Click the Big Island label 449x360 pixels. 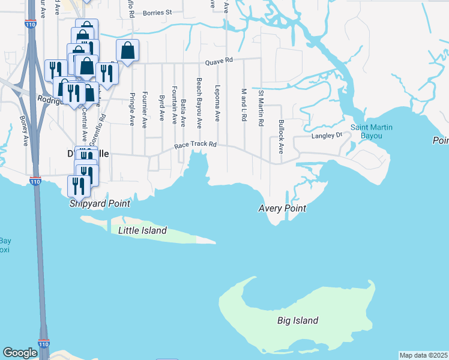[298, 320]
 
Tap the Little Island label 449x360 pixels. [142, 230]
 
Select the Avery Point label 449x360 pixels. [282, 208]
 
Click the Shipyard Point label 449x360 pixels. [100, 203]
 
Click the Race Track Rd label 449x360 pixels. [195, 145]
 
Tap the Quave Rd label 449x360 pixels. [218, 61]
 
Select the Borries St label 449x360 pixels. [157, 11]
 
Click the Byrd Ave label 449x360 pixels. [161, 107]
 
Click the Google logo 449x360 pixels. [20, 353]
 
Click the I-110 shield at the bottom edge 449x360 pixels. [43, 344]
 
